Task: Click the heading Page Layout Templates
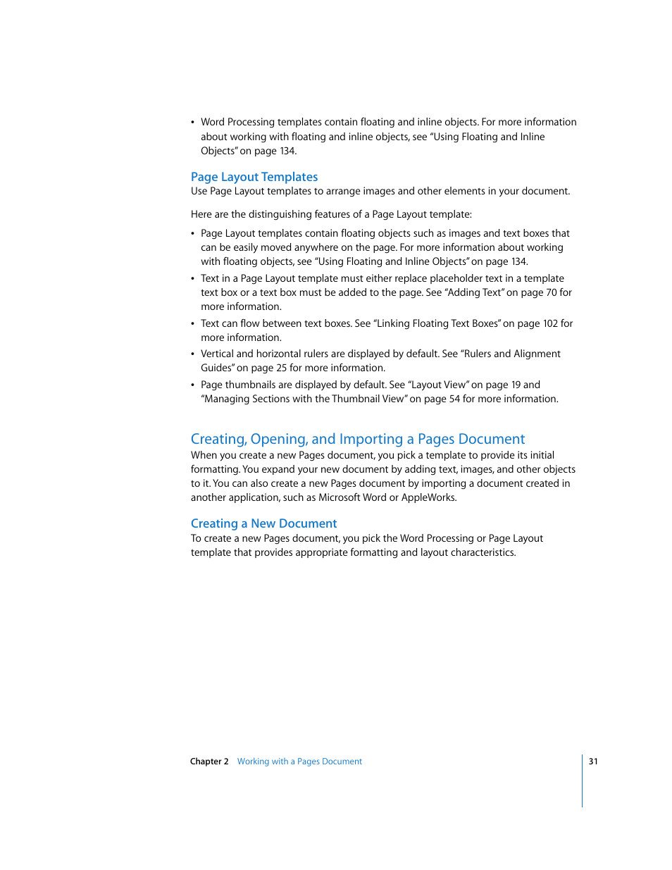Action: tap(254, 177)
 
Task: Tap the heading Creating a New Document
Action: tap(263, 523)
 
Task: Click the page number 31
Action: tap(593, 762)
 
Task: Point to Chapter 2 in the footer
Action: tap(209, 762)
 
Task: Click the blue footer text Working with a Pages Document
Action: tap(299, 762)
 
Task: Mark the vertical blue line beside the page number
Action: tap(583, 781)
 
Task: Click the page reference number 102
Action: tap(550, 323)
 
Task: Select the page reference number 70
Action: tap(552, 292)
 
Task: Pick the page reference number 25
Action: tap(281, 368)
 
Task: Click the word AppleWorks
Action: tap(428, 497)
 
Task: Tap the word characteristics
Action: tap(481, 552)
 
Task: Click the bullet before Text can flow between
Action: tap(193, 324)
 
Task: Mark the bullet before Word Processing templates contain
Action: tap(193, 123)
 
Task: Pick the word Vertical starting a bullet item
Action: tap(217, 354)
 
